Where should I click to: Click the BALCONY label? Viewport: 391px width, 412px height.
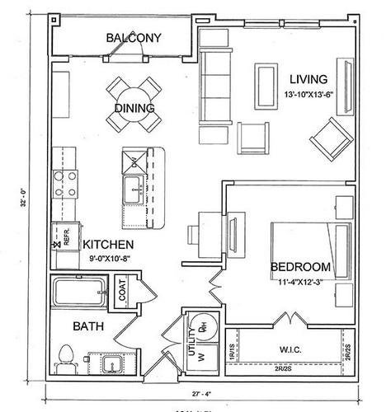pos(133,38)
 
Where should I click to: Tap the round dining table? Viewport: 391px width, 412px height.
pos(134,105)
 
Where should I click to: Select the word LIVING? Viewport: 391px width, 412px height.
pos(309,80)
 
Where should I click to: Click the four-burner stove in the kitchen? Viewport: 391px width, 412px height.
pos(65,182)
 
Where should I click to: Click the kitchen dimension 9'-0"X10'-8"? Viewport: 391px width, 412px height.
pos(109,258)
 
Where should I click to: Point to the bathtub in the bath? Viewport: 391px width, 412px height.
pos(78,292)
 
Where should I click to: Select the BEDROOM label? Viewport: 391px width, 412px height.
pos(300,267)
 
